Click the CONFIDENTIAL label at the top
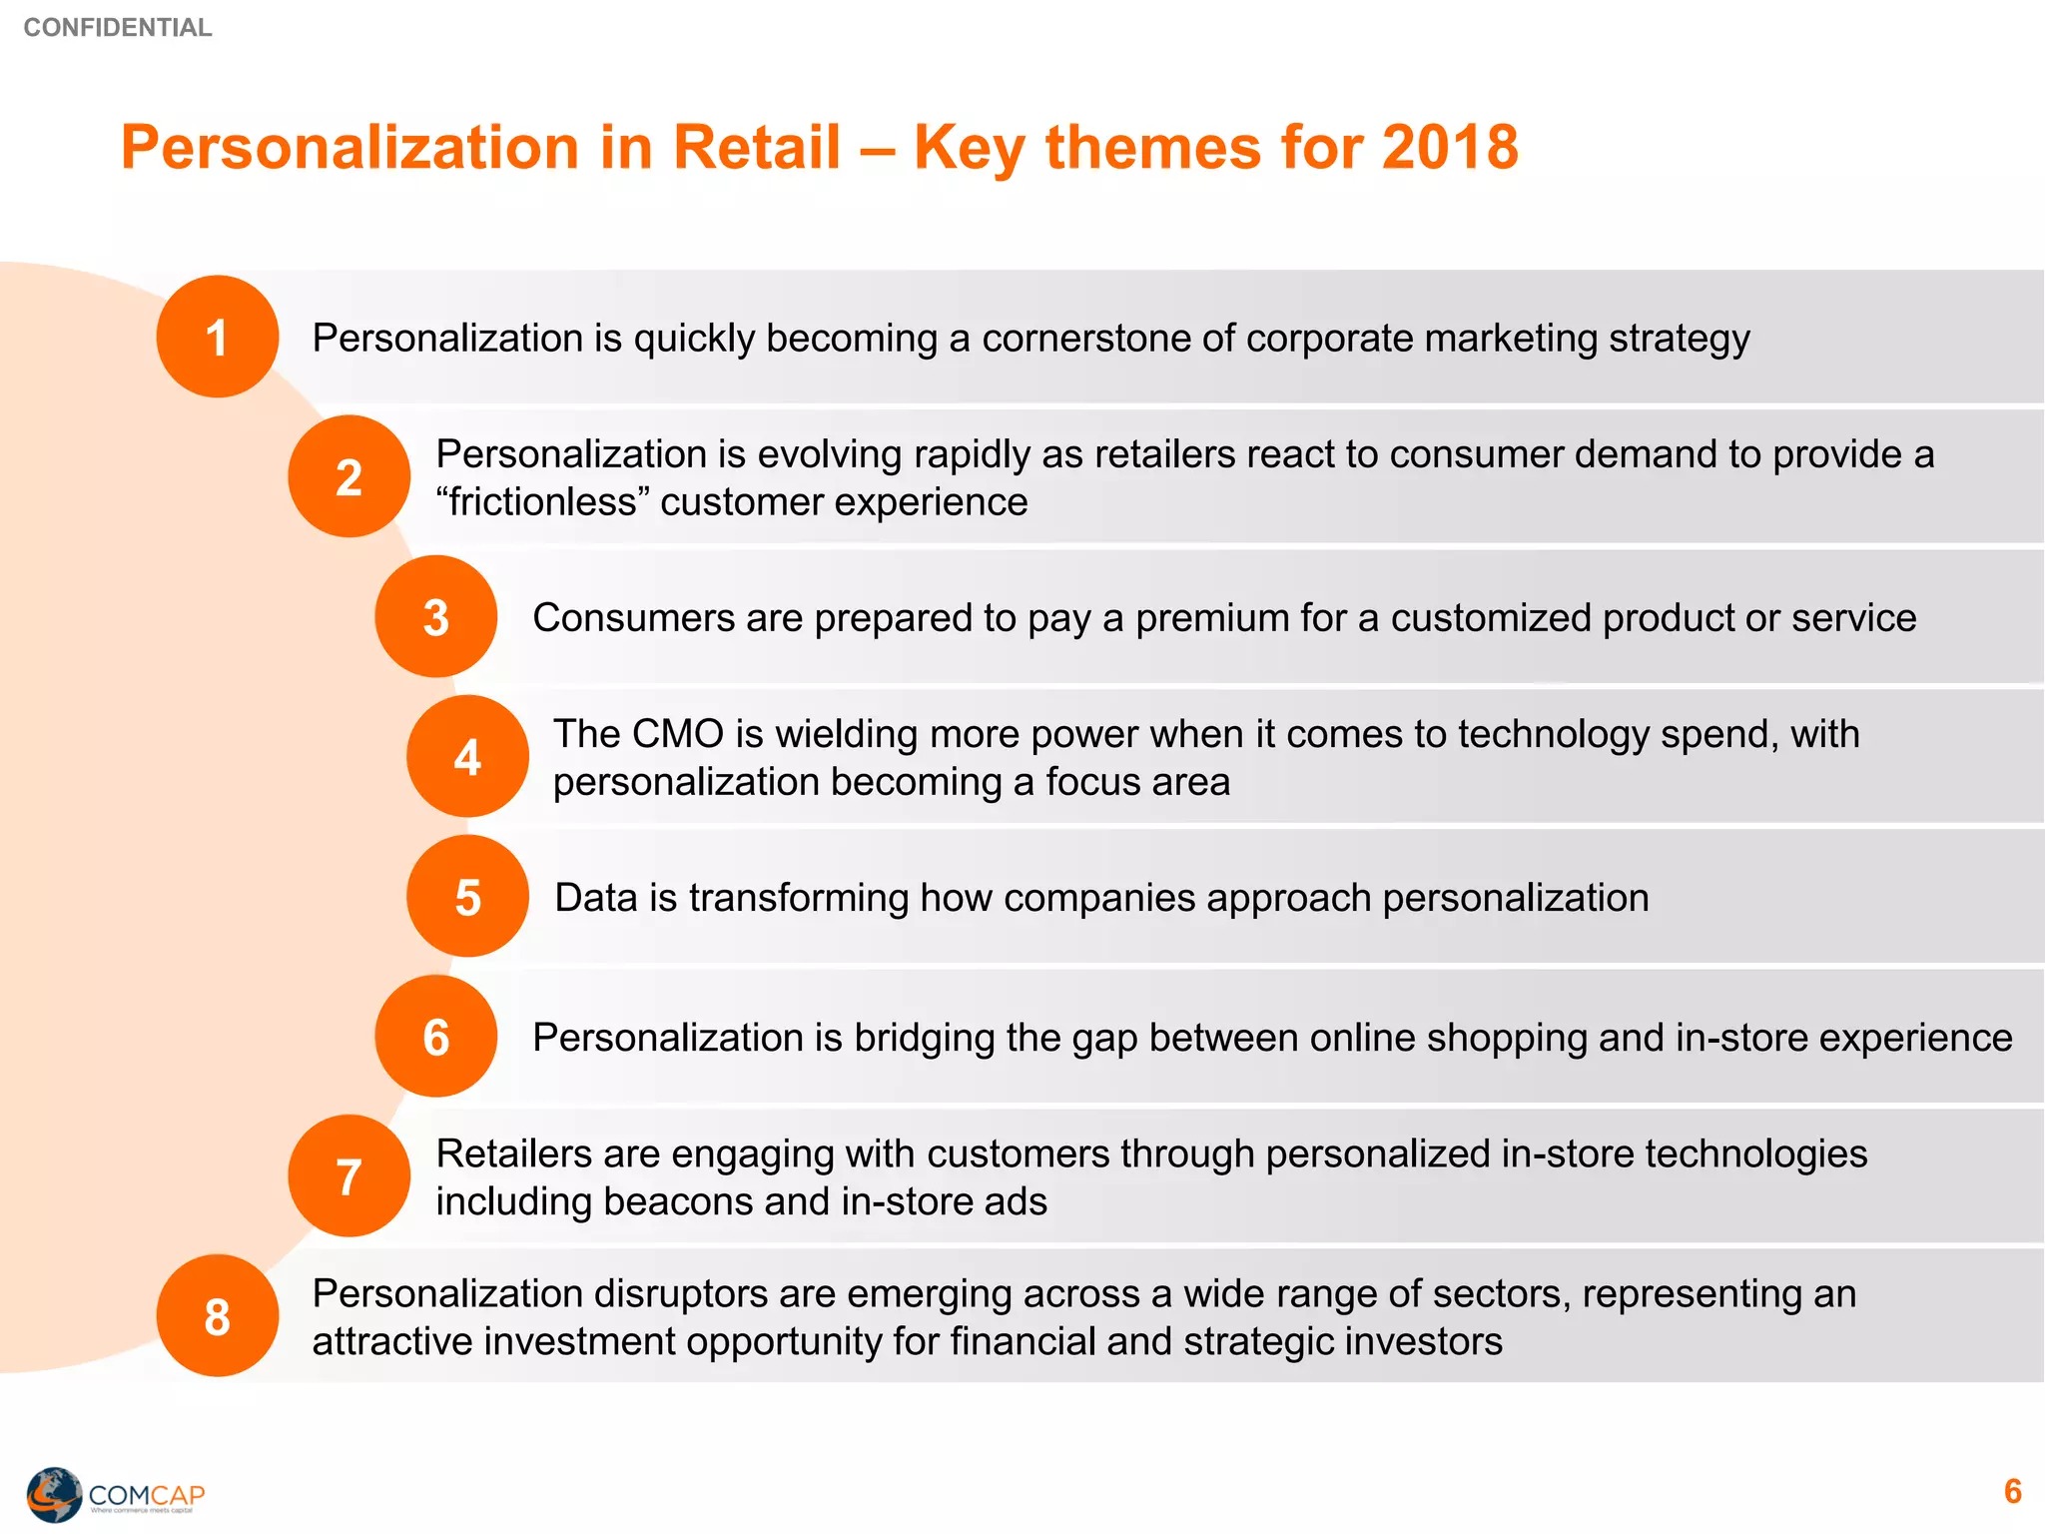(117, 27)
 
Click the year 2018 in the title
(1450, 148)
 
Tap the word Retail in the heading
(757, 148)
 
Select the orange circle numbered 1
(217, 338)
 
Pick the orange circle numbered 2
(348, 477)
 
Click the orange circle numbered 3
(435, 617)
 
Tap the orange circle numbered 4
(467, 757)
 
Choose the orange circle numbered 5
(467, 897)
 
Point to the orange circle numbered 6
(435, 1037)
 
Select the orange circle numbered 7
(348, 1176)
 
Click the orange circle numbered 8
(217, 1316)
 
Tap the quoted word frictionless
(543, 502)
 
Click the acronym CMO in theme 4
(677, 734)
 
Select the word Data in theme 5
(595, 898)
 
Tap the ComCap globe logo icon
(54, 1494)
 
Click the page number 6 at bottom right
(2012, 1491)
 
